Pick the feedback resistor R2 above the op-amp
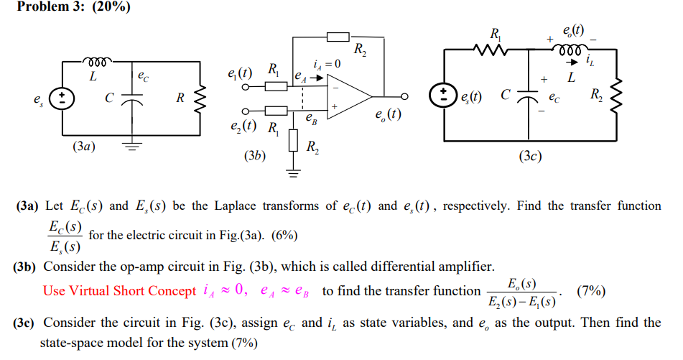click(x=338, y=37)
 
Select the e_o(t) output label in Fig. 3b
click(x=388, y=115)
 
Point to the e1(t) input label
click(x=238, y=73)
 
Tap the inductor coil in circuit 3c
click(x=572, y=50)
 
